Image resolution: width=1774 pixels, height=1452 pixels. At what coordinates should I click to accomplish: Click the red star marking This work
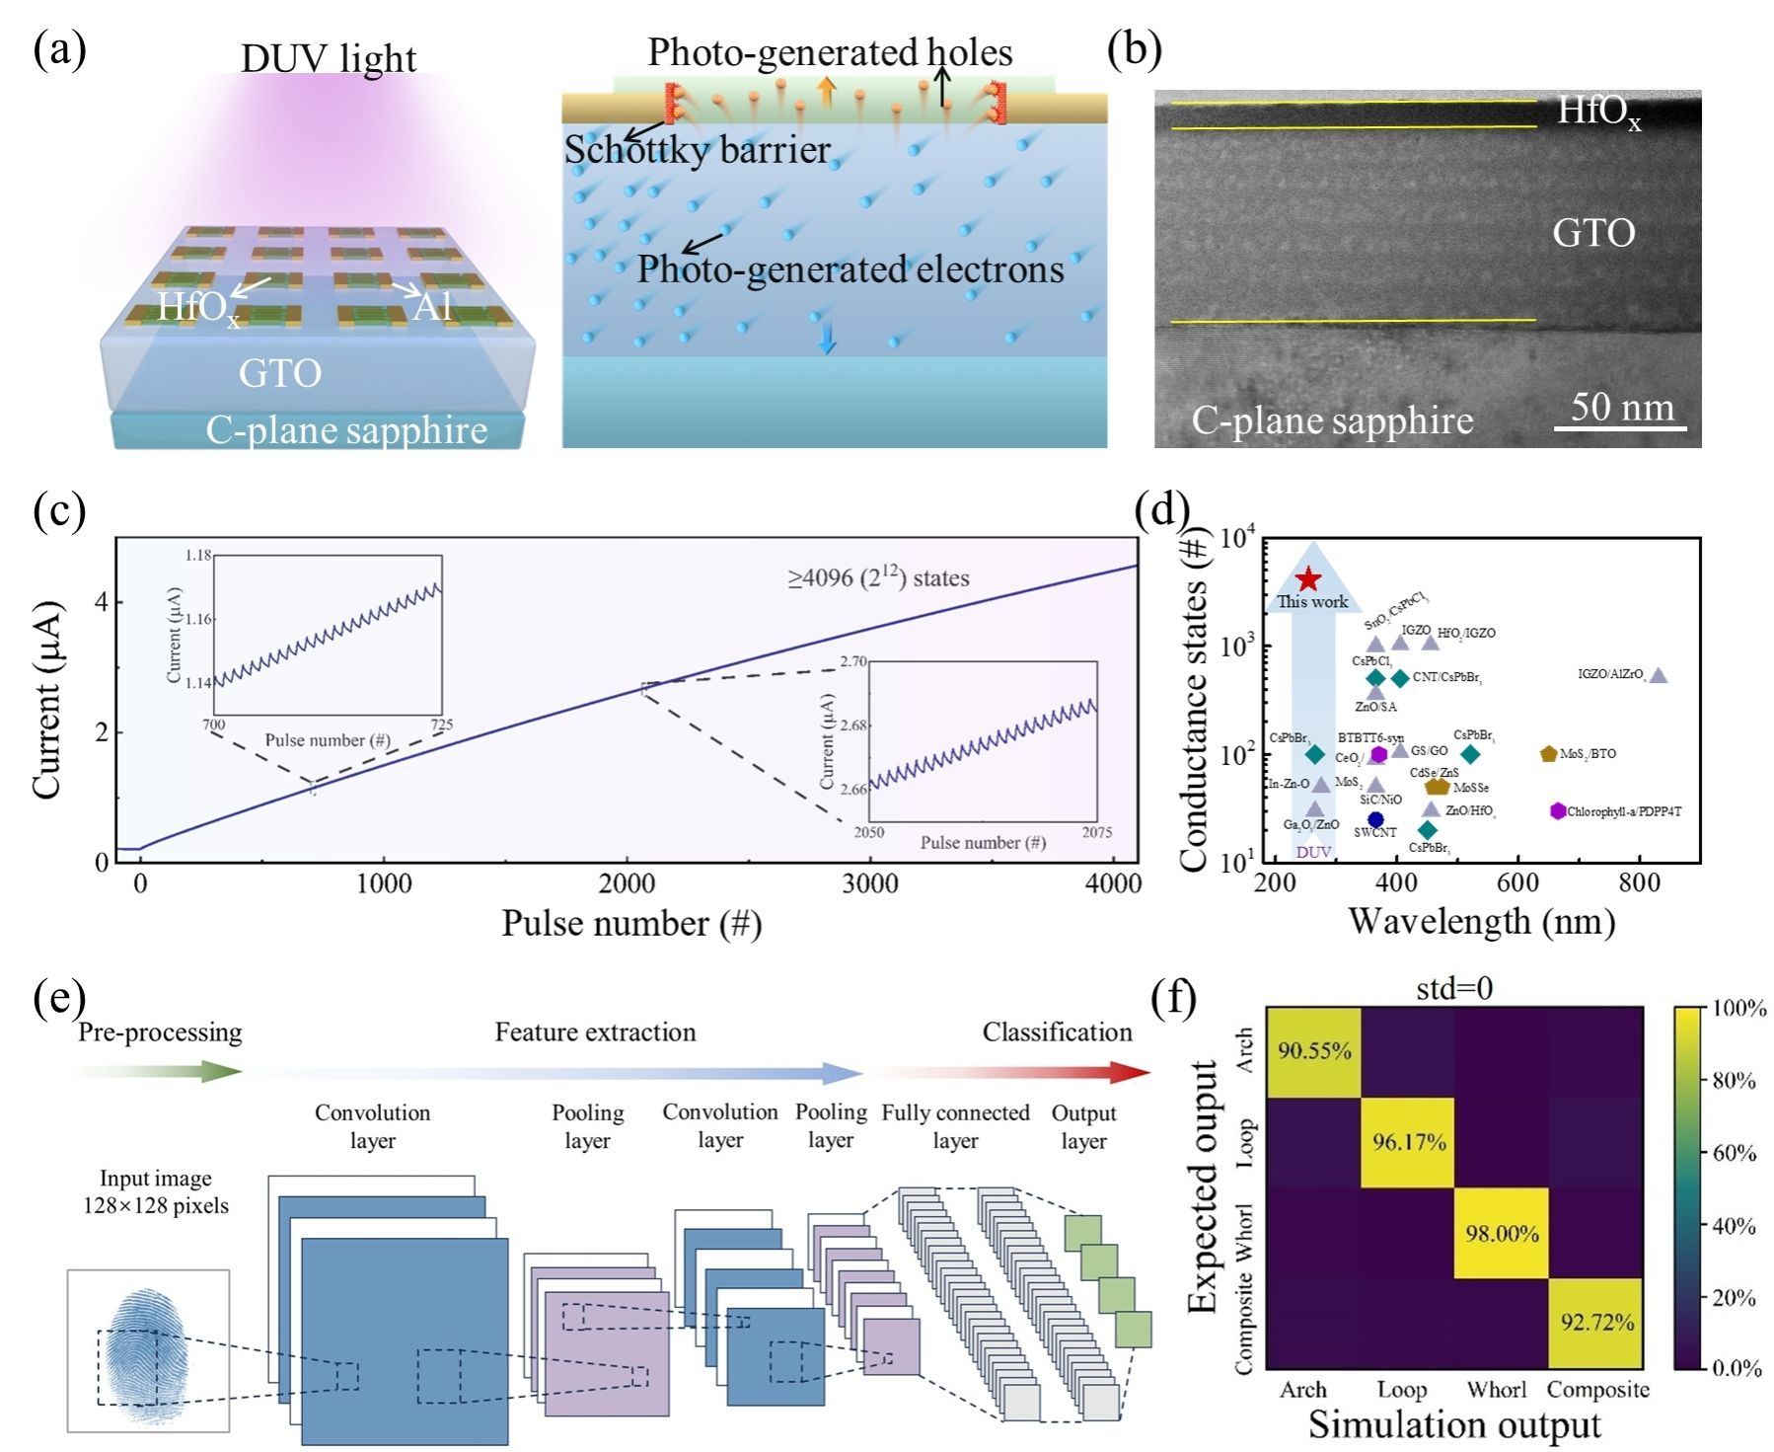(1307, 579)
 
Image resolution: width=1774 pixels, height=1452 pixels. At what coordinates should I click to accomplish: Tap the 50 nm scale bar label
(1622, 407)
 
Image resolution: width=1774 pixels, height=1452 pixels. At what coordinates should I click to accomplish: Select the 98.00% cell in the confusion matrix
(1502, 1233)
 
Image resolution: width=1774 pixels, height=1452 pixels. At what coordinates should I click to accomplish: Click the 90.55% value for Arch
(1314, 1050)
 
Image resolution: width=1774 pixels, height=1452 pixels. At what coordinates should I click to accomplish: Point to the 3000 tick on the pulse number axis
(869, 882)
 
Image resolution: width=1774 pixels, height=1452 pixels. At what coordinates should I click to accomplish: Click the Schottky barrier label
(697, 150)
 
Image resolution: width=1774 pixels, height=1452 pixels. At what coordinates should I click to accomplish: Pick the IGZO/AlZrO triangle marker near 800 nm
(1659, 676)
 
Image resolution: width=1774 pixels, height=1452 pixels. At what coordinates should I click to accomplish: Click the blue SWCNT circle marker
(1375, 819)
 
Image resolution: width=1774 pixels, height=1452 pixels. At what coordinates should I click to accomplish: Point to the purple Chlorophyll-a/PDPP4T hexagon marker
(1558, 810)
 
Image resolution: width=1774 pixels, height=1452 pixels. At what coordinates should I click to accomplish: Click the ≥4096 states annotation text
(878, 577)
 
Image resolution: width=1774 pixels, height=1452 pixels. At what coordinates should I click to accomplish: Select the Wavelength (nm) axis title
(1481, 921)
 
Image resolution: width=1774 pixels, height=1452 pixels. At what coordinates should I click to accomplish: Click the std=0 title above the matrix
(1453, 988)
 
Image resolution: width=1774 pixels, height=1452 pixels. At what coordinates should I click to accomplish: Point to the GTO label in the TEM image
(1593, 233)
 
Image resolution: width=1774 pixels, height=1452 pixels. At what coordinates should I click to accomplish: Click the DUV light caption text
(328, 58)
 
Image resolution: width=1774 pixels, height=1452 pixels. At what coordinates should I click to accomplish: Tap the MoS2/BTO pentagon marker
(1548, 754)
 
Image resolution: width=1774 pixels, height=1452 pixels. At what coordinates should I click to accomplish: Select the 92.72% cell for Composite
(1596, 1322)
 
